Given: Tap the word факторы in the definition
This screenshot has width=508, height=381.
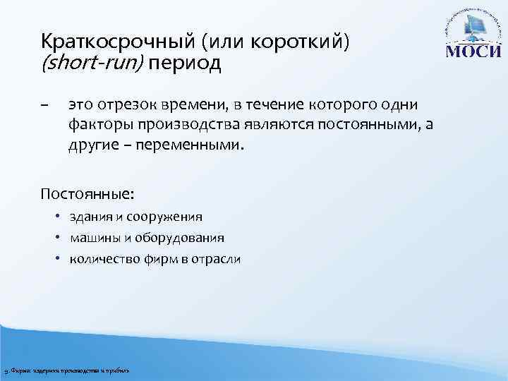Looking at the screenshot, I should coord(97,126).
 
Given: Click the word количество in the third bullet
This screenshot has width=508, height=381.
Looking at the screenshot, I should coord(99,259).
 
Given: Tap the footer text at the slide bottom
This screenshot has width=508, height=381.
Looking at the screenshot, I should coord(67,371).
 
